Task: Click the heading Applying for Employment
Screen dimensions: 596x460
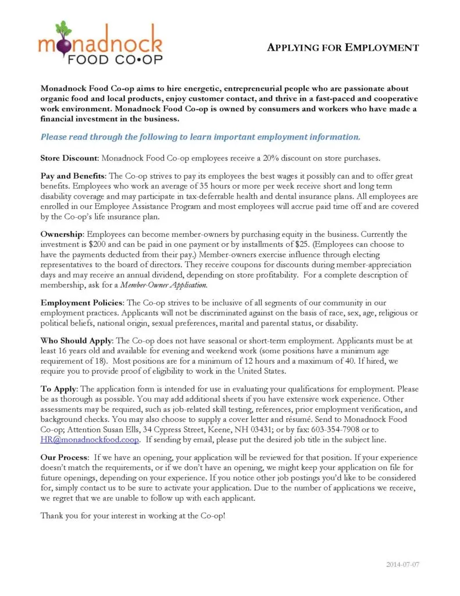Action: tap(343, 48)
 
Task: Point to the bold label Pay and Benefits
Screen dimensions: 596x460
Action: tap(73, 176)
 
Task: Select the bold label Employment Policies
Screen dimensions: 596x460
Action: tap(81, 303)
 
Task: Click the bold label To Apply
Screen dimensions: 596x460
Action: tap(58, 388)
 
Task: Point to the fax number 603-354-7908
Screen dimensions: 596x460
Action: tap(328, 429)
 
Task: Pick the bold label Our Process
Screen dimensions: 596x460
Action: tap(64, 457)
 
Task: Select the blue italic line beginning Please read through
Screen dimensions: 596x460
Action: tap(200, 137)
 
